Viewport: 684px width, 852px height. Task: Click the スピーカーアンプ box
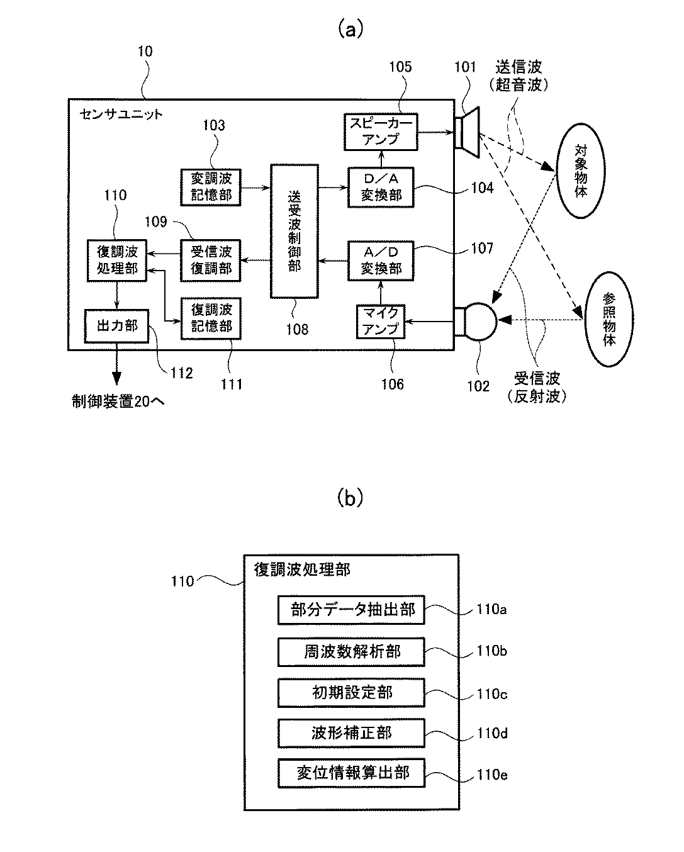[381, 132]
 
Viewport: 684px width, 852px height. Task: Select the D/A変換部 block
[381, 187]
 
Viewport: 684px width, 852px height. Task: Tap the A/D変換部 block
[381, 260]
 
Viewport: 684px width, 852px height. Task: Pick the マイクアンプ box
[381, 322]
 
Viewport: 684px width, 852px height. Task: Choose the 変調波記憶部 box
[211, 187]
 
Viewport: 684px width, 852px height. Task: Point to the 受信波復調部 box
[211, 260]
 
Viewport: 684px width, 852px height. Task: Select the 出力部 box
[116, 325]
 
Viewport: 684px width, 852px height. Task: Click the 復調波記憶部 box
[211, 318]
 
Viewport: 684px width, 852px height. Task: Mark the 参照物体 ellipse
[608, 323]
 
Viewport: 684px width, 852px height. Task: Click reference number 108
[297, 328]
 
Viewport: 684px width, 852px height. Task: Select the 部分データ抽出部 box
[351, 610]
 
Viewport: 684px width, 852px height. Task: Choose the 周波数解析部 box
[351, 652]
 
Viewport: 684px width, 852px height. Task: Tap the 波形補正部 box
[351, 733]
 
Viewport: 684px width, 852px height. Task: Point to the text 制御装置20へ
[118, 401]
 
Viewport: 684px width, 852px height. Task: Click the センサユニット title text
[121, 114]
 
